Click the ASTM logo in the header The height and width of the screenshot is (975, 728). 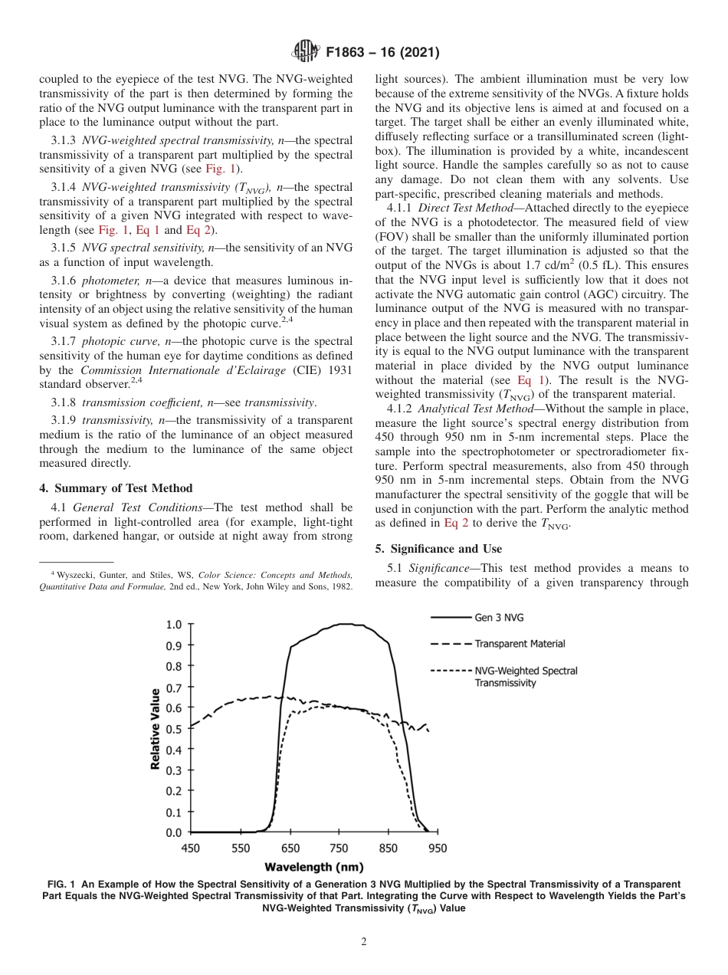306,52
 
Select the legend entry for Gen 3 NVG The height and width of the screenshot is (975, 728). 499,617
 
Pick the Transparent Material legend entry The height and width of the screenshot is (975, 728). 520,644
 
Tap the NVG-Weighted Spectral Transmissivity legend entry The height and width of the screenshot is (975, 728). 526,676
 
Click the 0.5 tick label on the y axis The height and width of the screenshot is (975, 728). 174,729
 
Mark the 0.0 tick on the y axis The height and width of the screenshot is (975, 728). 174,832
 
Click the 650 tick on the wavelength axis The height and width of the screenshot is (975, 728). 290,849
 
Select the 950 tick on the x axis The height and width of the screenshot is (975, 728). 436,849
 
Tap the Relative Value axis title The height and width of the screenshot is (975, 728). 156,728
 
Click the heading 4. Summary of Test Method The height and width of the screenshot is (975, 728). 116,488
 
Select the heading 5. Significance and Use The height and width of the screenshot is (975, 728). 438,549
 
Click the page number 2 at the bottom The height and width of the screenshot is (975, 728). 364,942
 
